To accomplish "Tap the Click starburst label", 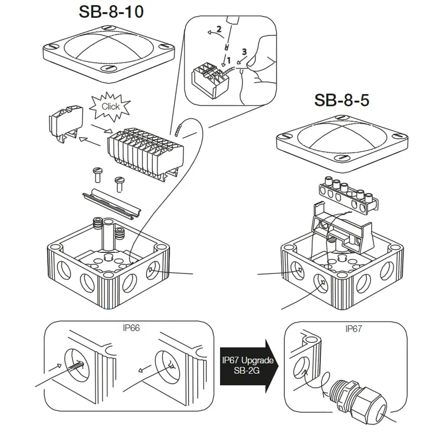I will pos(110,106).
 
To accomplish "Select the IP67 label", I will pos(354,329).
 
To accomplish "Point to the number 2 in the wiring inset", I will pos(219,30).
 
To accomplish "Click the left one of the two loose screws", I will pos(97,176).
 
